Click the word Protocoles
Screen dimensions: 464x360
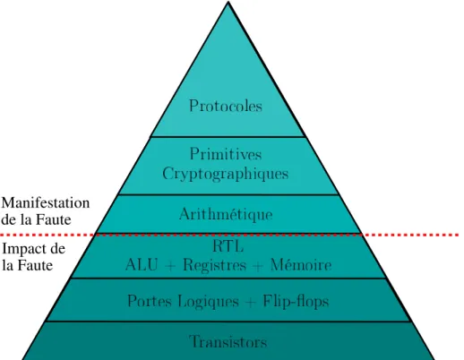tap(226, 106)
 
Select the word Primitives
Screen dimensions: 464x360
tap(226, 154)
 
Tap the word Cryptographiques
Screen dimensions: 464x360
tap(226, 174)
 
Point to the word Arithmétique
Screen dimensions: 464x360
tap(226, 214)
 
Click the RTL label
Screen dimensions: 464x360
tap(228, 246)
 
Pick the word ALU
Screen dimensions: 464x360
tap(142, 265)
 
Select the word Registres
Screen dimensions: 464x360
tap(215, 265)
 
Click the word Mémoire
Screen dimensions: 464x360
tap(301, 265)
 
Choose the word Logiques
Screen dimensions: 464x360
tap(209, 301)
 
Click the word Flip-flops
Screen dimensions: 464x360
tap(296, 301)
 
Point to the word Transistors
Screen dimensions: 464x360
tap(228, 341)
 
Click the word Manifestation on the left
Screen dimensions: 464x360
tap(46, 203)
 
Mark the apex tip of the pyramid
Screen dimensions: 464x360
tap(228, 2)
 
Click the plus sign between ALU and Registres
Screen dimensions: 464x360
tap(170, 266)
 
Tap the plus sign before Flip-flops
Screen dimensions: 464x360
tap(251, 302)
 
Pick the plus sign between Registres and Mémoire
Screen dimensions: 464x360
tap(258, 266)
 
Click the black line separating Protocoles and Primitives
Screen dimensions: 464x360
tap(228, 137)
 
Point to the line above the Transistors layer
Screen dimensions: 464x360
tap(228, 321)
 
